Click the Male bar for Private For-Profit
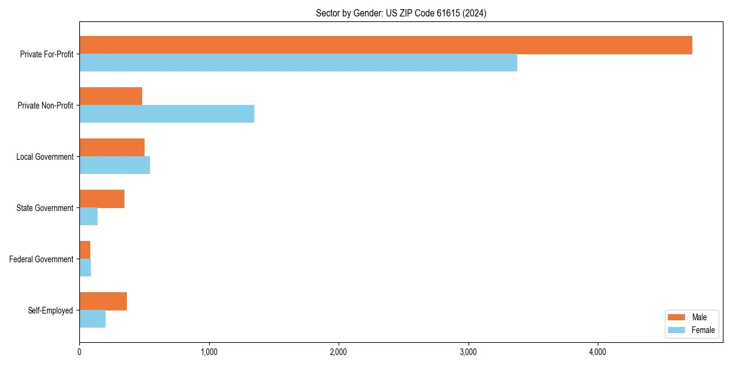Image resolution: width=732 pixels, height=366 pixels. pos(386,45)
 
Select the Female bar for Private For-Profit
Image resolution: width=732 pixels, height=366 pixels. pos(298,63)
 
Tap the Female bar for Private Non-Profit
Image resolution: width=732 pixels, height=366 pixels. pos(167,114)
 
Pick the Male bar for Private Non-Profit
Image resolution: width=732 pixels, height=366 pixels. pos(110,96)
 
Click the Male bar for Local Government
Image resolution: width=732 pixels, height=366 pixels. pos(112,148)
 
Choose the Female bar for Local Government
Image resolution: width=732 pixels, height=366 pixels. pos(115,165)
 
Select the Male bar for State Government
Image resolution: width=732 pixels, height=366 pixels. pos(102,199)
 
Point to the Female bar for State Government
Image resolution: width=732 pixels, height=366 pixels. pos(88,217)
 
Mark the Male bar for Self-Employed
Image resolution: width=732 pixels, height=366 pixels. pos(103,301)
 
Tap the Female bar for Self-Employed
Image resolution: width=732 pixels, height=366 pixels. pos(92,319)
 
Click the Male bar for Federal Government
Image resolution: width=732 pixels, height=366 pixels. pos(85,250)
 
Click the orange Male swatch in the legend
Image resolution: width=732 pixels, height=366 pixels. pos(677,317)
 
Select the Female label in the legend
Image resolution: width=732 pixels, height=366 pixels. pos(703,330)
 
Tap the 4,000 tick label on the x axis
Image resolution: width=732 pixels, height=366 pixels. pos(597,352)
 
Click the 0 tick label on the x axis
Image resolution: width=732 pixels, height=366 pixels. pos(79,352)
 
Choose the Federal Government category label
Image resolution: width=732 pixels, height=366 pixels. pos(41,259)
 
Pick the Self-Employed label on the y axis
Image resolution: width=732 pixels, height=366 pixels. pos(50,310)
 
